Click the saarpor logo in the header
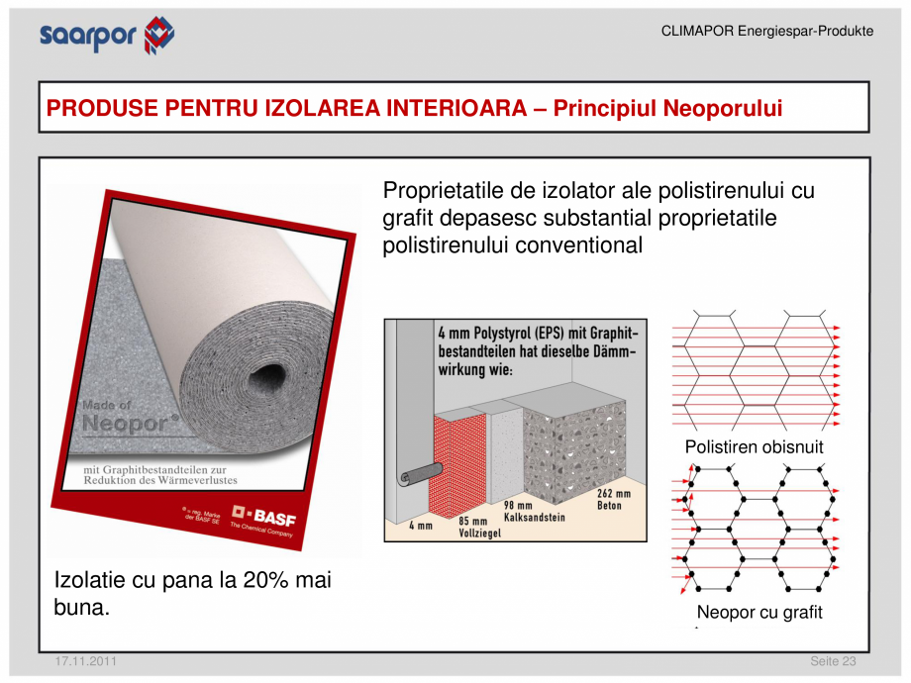click(106, 35)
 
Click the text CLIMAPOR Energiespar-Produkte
click(766, 32)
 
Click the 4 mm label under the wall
click(421, 526)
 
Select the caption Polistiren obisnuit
click(754, 447)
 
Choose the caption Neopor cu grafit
click(759, 613)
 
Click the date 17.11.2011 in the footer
click(85, 660)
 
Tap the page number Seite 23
click(833, 660)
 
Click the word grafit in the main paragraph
click(412, 218)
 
